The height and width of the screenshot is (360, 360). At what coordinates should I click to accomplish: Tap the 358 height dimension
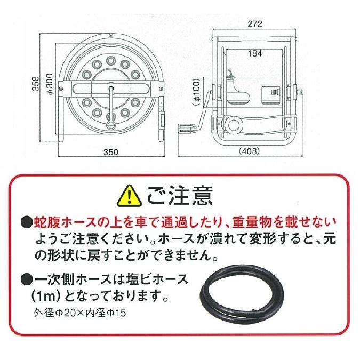click(35, 85)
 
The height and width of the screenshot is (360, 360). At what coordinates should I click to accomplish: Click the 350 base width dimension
click(111, 152)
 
